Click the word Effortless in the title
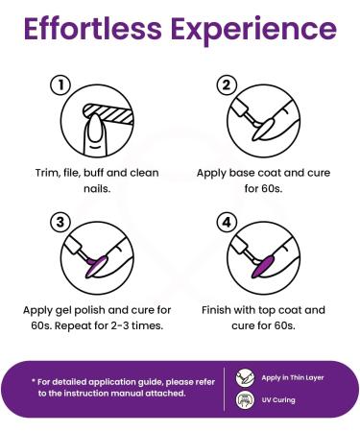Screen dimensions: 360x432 [x=92, y=29]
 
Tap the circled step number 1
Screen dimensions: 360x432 [x=60, y=85]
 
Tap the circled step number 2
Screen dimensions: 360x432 [x=227, y=85]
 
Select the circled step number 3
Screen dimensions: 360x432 [x=60, y=222]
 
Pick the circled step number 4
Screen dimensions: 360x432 [x=227, y=222]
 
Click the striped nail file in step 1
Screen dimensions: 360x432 [x=108, y=114]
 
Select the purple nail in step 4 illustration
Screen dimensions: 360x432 [x=263, y=266]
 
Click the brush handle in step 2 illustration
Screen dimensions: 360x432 [x=241, y=108]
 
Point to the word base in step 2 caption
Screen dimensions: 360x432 [x=243, y=173]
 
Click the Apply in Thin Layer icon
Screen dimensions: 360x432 [x=245, y=377]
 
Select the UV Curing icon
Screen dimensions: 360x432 [x=245, y=400]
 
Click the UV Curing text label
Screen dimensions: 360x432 [x=278, y=400]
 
